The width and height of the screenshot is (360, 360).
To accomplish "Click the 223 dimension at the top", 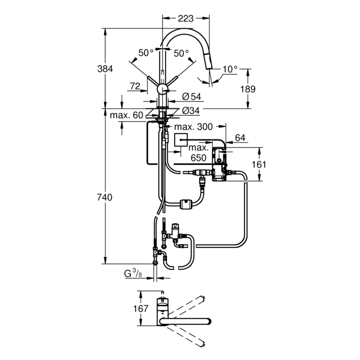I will [185, 19].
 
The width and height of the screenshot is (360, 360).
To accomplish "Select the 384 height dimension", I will [105, 68].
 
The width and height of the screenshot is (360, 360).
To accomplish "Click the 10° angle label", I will [230, 69].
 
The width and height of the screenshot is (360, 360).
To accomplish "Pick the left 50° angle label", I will [146, 53].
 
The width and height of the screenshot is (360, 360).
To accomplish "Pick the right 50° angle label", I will [181, 53].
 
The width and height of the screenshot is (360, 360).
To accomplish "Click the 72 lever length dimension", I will [135, 86].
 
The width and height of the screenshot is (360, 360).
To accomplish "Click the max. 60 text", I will [127, 115].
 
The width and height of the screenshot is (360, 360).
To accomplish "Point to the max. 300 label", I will [194, 127].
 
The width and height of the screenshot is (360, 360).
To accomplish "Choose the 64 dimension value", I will [240, 137].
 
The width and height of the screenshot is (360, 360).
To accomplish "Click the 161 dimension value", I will [272, 164].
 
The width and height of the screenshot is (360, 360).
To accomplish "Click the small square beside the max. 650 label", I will [181, 139].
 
